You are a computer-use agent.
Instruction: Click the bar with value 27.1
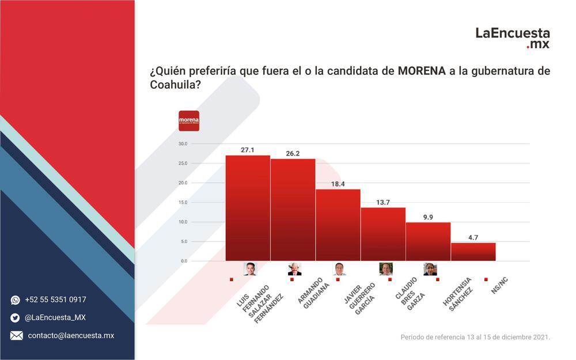[x=248, y=209]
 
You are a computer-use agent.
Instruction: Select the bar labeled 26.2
[x=293, y=210]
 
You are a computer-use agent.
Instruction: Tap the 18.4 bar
[x=338, y=225]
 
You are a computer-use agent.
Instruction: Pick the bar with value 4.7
[x=473, y=252]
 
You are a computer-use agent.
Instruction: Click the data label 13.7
[x=383, y=202]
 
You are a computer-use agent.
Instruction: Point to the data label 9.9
[x=428, y=217]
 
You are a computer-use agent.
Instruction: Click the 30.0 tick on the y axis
[x=183, y=143]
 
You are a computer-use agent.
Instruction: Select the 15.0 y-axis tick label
[x=183, y=202]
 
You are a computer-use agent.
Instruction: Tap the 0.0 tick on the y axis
[x=184, y=261]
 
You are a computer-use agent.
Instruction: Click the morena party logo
[x=189, y=121]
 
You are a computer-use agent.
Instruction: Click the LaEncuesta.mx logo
[x=513, y=38]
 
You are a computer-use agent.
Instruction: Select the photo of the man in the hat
[x=294, y=269]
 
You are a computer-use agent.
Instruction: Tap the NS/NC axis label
[x=499, y=286]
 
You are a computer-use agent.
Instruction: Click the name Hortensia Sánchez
[x=458, y=294]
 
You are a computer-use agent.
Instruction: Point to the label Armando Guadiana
[x=313, y=293]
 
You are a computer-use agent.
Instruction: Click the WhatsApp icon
[x=16, y=300]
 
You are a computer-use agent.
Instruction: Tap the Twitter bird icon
[x=15, y=318]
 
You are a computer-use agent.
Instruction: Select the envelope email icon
[x=16, y=335]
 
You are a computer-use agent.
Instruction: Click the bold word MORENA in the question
[x=422, y=70]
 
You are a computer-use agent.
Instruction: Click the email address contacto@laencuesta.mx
[x=71, y=335]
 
